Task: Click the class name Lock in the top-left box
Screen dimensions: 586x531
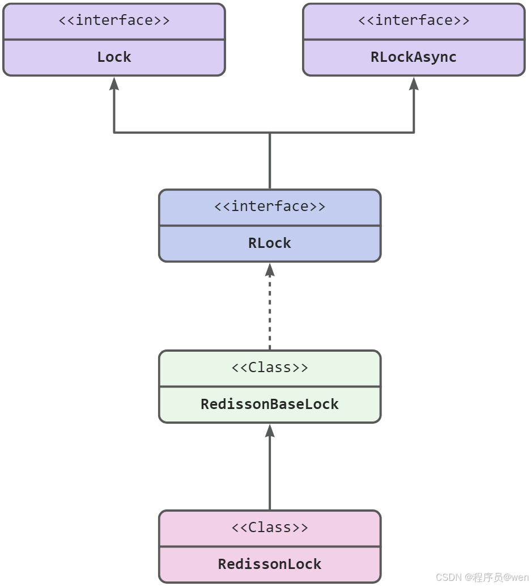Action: tap(114, 57)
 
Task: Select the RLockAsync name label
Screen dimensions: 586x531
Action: tap(413, 57)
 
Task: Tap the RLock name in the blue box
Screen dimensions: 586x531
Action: tap(270, 243)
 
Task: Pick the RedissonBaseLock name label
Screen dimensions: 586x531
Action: tap(270, 404)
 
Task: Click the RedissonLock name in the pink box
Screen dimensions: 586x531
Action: tap(270, 564)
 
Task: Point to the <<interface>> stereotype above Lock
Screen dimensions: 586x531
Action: tap(114, 21)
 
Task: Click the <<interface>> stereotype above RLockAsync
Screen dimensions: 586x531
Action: tap(413, 21)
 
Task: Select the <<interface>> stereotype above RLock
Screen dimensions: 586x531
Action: tap(270, 206)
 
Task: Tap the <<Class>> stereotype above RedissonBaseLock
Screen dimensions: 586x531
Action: tap(270, 368)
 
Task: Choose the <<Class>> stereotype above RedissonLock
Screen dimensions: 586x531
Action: tap(270, 528)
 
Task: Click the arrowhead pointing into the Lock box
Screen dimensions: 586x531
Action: tap(114, 84)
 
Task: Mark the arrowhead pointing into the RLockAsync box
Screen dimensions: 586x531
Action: tap(414, 84)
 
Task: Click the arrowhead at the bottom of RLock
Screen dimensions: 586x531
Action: tap(270, 269)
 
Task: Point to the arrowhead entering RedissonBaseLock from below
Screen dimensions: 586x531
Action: tap(270, 431)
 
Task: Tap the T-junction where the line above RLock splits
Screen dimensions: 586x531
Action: tap(270, 133)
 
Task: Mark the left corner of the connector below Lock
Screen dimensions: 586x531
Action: tap(114, 133)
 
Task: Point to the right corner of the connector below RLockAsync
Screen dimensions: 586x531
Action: tap(414, 133)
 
